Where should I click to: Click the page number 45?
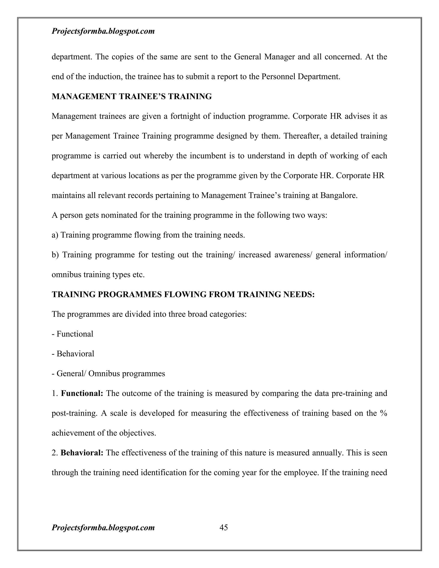224,527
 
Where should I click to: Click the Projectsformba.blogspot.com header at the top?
103,31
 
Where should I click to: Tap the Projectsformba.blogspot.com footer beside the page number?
103,527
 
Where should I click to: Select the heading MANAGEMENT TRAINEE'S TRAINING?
132,96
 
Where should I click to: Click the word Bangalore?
339,195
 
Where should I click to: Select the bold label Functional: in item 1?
82,393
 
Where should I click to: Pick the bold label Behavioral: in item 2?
82,453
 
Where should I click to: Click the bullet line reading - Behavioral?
73,354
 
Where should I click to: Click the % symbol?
383,413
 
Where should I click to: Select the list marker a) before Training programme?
55,235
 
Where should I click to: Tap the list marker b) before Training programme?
55,255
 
